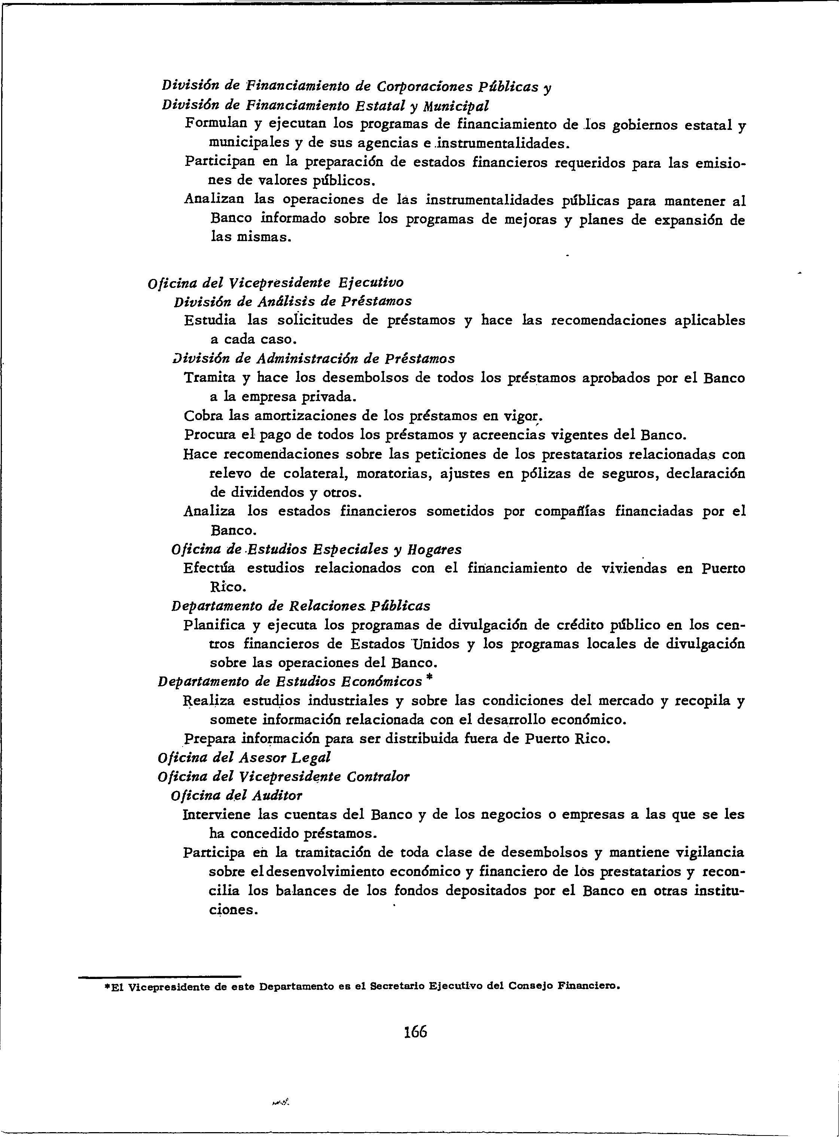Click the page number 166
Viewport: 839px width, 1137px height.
point(415,1031)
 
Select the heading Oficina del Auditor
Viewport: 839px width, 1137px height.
point(237,795)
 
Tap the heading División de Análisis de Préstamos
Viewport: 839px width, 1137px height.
point(293,301)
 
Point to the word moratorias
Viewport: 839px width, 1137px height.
point(393,474)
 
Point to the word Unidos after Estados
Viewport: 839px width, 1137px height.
point(436,644)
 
